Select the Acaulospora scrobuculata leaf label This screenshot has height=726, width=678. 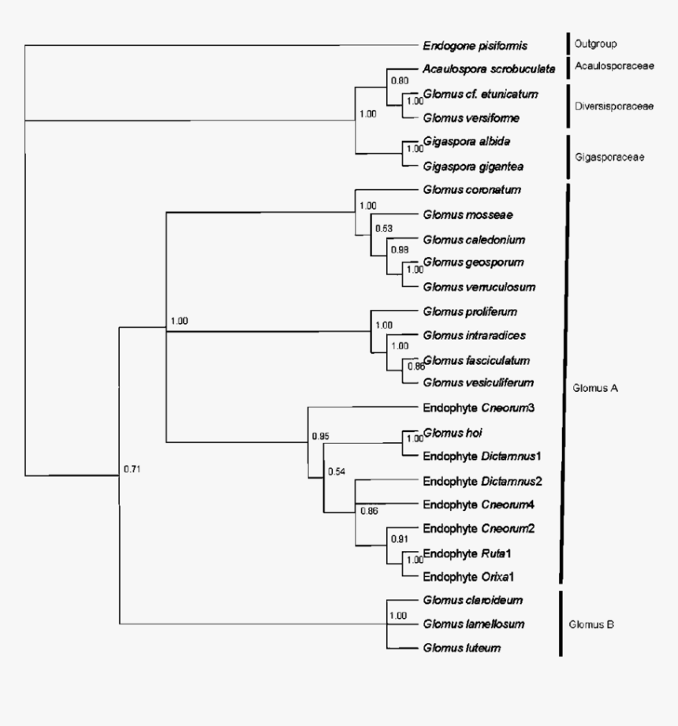pyautogui.click(x=480, y=69)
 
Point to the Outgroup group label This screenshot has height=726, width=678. pyautogui.click(x=596, y=44)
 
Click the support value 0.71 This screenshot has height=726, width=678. pyautogui.click(x=132, y=470)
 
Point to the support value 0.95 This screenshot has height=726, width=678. pyautogui.click(x=319, y=436)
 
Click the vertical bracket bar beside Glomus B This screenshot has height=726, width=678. pyautogui.click(x=560, y=624)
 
